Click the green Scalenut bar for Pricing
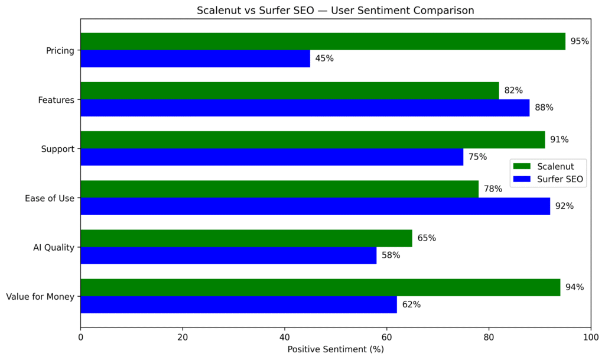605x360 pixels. click(x=323, y=41)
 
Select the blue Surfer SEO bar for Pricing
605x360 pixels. click(x=195, y=59)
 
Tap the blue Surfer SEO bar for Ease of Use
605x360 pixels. click(x=315, y=206)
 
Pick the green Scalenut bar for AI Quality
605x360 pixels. click(x=246, y=238)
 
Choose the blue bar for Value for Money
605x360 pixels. click(x=238, y=305)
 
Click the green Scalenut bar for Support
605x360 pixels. click(x=313, y=140)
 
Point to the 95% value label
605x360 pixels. click(x=580, y=41)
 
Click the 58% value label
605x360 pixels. click(x=391, y=255)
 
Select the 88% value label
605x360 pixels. click(x=544, y=108)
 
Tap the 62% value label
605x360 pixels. click(x=411, y=305)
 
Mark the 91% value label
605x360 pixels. click(x=559, y=140)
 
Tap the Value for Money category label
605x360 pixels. click(x=40, y=297)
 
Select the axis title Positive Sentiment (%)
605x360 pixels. click(x=336, y=349)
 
